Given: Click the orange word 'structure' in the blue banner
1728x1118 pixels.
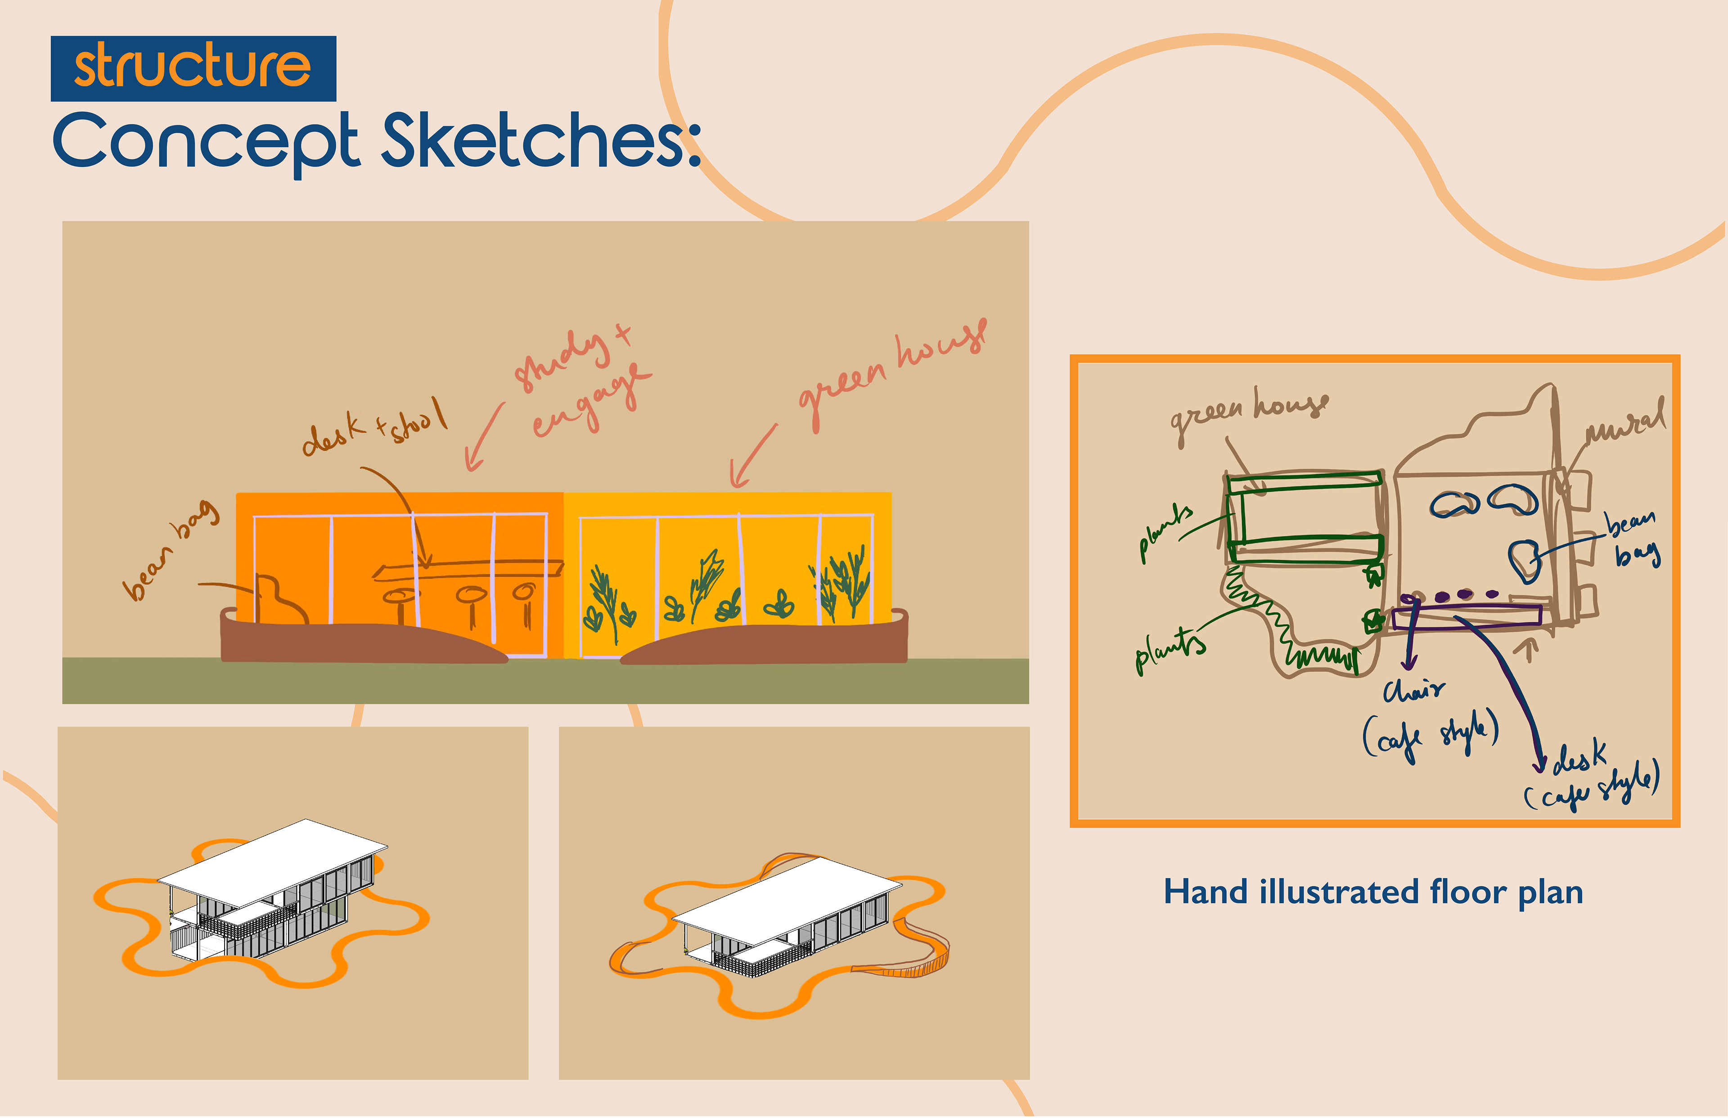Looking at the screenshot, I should tap(193, 66).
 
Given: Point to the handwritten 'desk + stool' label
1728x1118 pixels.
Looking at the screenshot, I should tap(374, 428).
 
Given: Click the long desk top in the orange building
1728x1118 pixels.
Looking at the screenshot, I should tap(468, 570).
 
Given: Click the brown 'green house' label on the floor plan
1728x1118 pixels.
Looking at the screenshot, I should tap(1249, 414).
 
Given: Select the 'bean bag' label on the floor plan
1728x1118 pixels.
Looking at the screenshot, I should tap(1633, 537).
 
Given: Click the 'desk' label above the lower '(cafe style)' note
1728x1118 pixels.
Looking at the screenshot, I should tap(1579, 759).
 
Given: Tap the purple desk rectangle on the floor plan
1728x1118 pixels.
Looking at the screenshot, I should tap(1467, 617).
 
